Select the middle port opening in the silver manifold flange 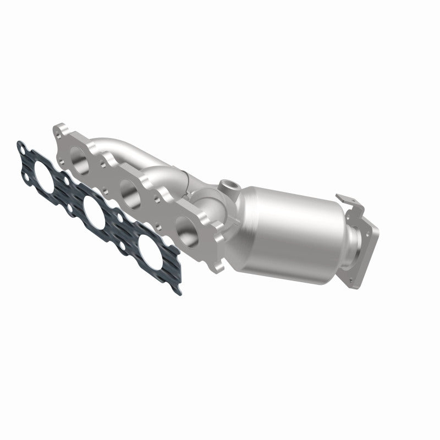click(x=130, y=193)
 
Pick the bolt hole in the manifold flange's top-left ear click(x=59, y=131)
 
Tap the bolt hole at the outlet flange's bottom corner click(x=351, y=280)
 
